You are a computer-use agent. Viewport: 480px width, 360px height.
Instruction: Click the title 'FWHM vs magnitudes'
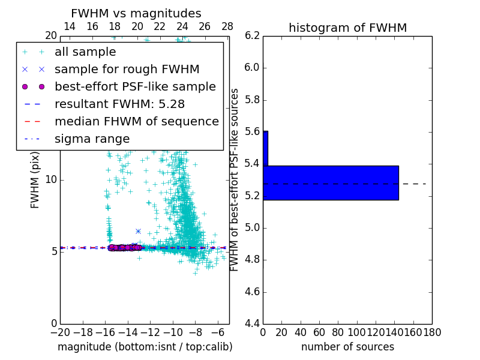point(136,13)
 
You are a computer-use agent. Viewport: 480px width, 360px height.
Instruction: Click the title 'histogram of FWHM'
point(347,28)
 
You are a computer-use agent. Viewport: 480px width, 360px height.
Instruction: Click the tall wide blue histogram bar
point(331,182)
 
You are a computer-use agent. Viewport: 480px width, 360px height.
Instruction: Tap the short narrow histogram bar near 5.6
point(265,148)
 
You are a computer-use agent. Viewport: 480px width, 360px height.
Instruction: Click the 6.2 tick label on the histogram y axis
point(253,35)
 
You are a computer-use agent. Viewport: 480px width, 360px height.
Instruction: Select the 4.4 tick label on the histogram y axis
point(253,324)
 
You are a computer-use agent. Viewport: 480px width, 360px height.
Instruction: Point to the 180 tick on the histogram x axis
point(431,332)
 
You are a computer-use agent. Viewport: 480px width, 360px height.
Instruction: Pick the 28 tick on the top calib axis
point(227,26)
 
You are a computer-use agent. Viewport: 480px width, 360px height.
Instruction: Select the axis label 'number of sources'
point(347,347)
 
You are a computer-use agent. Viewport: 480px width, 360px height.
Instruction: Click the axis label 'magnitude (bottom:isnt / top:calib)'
point(145,347)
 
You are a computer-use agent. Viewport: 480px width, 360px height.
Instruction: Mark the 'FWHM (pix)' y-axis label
point(35,179)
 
